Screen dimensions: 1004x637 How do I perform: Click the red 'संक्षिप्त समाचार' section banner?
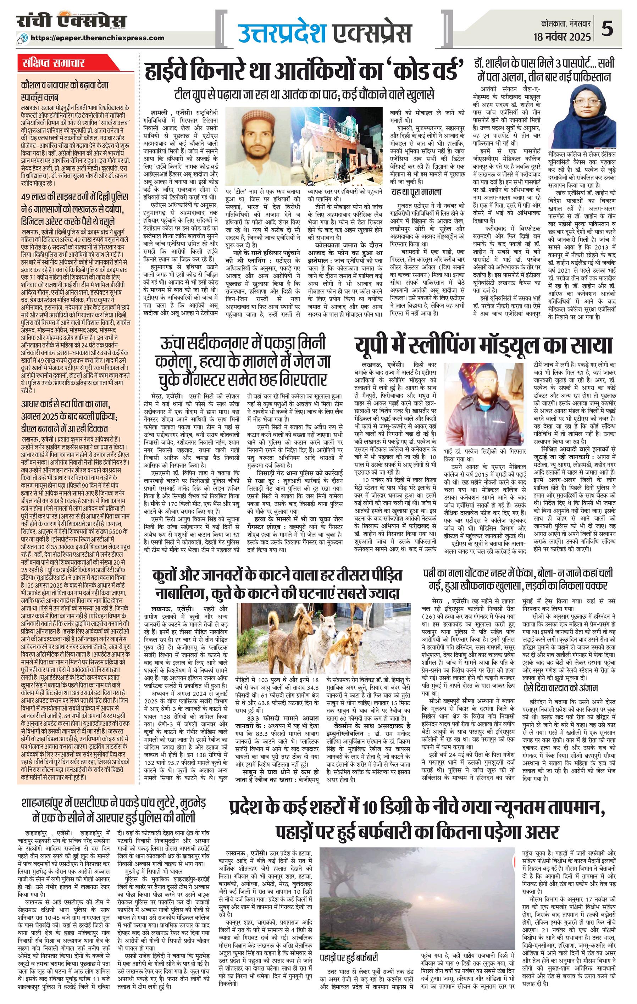pos(54,64)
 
